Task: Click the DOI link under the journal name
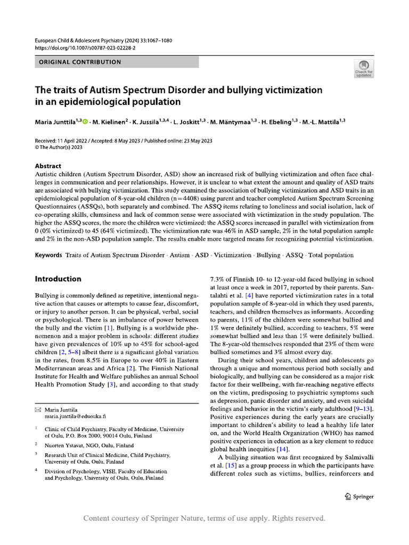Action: tap(85, 48)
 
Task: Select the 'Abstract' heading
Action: tap(48, 166)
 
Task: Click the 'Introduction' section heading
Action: tap(58, 279)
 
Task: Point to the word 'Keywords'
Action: tap(48, 255)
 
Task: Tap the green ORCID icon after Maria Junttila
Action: tap(85, 121)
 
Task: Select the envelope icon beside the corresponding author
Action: tap(37, 410)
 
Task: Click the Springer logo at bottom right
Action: tap(359, 497)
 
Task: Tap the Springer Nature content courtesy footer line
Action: tap(204, 518)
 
